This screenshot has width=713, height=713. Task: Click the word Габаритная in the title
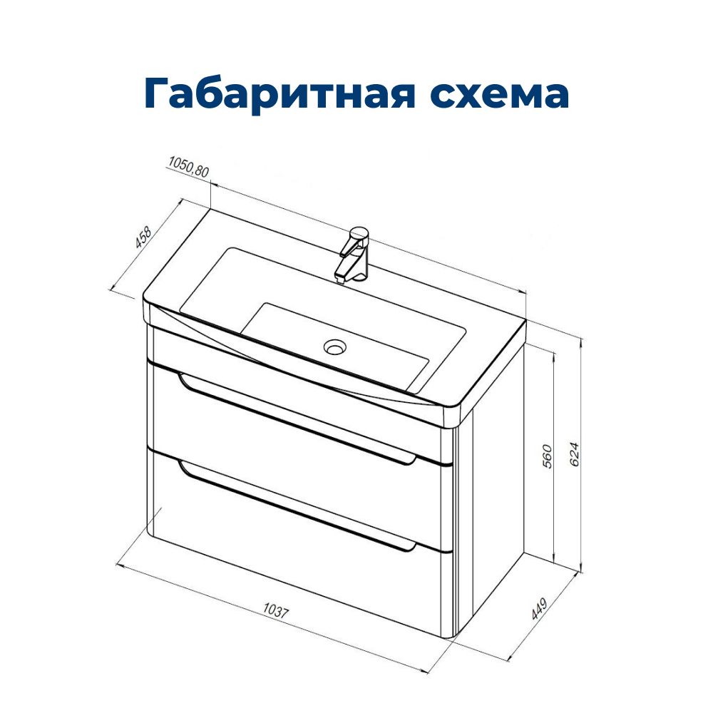279,93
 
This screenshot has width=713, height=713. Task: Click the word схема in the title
499,93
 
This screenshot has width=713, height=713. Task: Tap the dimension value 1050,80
188,167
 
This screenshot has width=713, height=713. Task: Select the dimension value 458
143,238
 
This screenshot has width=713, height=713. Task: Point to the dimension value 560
547,456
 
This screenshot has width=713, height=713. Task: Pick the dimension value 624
574,453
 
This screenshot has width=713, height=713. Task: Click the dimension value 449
540,608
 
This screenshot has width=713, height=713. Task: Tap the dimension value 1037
276,610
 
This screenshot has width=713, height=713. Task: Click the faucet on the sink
352,255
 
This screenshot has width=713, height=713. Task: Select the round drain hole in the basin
335,347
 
